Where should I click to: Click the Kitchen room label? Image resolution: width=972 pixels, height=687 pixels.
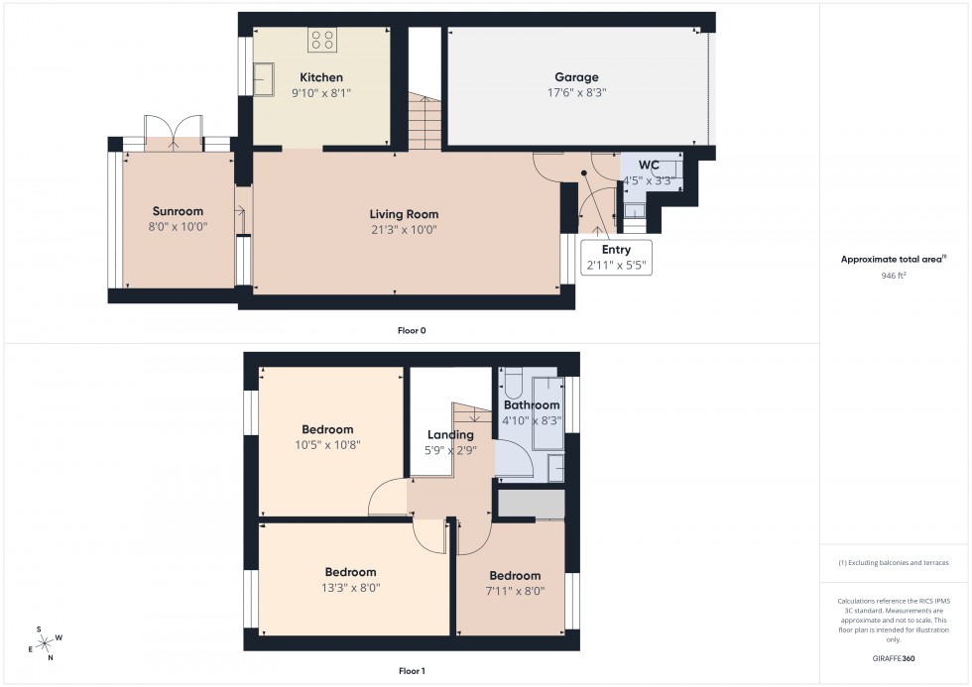(322, 77)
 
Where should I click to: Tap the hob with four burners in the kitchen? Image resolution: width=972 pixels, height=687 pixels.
(322, 40)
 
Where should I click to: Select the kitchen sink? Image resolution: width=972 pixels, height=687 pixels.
(264, 79)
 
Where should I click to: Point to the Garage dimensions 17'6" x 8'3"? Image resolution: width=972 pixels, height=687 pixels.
(576, 92)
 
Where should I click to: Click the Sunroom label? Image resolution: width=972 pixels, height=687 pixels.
(178, 211)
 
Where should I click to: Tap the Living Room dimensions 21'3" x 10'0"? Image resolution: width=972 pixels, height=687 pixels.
(404, 229)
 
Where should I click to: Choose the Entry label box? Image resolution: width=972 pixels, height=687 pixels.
(615, 257)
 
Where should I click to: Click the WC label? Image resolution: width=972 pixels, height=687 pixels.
(650, 165)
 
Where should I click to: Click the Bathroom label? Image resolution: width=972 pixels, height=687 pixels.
(532, 404)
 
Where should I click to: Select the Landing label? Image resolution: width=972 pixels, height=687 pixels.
(450, 434)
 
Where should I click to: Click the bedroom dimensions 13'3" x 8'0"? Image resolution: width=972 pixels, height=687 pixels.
(351, 587)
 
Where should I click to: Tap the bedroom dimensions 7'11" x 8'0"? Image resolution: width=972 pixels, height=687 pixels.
(515, 591)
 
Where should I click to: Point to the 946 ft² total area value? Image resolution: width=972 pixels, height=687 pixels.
(895, 275)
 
